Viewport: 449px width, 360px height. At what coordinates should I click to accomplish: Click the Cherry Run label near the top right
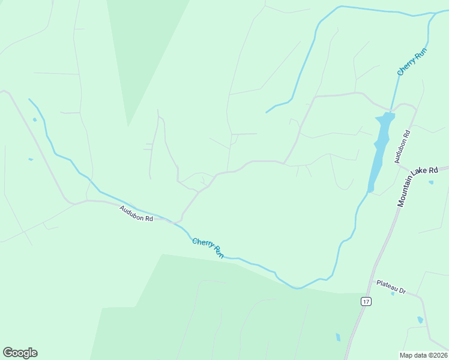[x=412, y=62]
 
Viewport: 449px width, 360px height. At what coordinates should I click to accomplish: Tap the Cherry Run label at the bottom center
[x=208, y=248]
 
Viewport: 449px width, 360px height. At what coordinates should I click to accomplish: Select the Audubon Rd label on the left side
[x=136, y=214]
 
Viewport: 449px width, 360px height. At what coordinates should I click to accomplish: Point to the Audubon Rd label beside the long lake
[x=402, y=146]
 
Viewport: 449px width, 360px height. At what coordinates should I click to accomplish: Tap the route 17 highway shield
[x=366, y=301]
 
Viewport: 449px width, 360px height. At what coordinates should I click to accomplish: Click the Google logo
[x=20, y=353]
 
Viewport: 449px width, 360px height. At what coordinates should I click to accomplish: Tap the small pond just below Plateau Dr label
[x=393, y=293]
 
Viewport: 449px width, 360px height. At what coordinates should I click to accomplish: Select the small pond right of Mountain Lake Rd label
[x=431, y=182]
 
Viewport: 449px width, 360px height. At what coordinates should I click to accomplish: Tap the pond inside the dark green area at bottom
[x=337, y=337]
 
